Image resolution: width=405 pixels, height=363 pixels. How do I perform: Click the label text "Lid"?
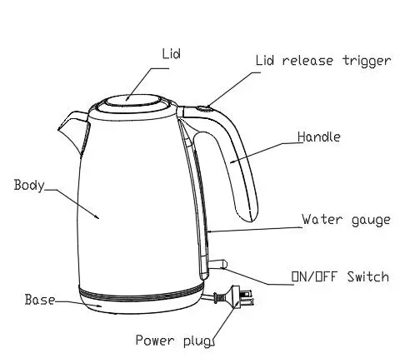tap(171, 54)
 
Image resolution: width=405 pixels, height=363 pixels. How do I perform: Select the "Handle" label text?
tap(319, 137)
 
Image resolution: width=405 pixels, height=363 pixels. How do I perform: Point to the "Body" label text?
tap(29, 185)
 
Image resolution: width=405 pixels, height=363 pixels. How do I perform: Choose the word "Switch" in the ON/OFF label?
tap(367, 276)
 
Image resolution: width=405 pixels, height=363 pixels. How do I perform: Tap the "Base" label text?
tap(39, 299)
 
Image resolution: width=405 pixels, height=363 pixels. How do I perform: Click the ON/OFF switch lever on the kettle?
tap(218, 265)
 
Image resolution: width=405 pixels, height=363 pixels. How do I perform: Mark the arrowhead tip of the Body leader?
tap(99, 218)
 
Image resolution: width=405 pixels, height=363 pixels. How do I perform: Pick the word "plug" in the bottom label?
tap(197, 340)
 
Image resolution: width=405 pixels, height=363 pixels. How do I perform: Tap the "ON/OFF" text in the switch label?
tap(315, 276)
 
